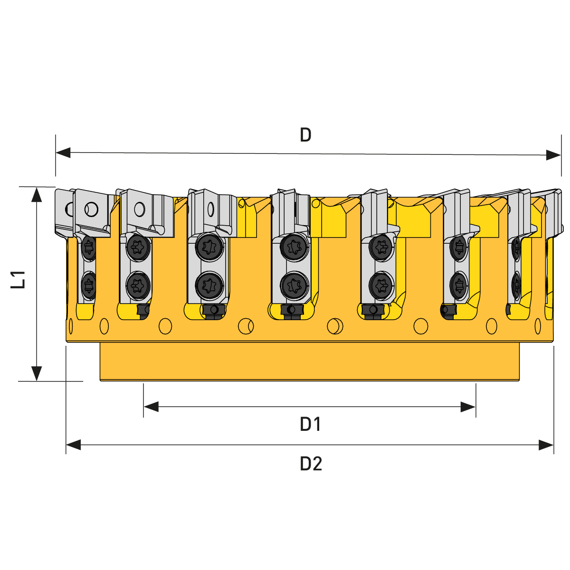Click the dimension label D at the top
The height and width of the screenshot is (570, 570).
tap(305, 135)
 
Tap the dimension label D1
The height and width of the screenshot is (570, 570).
tap(310, 425)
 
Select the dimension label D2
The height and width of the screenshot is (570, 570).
tap(311, 464)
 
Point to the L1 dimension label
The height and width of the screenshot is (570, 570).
tap(18, 279)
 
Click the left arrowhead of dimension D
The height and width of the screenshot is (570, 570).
tap(63, 152)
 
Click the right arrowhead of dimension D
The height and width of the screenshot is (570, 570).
tap(553, 155)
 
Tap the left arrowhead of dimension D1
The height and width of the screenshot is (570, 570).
tap(151, 407)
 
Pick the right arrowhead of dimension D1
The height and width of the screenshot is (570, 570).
tap(468, 407)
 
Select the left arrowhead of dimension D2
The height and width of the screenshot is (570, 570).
tap(73, 445)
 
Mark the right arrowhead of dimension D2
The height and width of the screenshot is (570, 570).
tap(546, 445)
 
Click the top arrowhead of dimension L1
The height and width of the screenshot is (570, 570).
tap(37, 195)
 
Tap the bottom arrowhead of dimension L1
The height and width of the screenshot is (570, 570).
tap(37, 374)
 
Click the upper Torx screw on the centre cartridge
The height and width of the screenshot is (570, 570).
tap(294, 247)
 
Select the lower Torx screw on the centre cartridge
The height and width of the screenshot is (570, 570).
tap(294, 285)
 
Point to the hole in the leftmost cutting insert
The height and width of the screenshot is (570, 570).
tap(91, 209)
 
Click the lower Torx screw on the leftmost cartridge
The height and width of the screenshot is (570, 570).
tap(88, 285)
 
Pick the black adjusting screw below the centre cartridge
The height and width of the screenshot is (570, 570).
tap(292, 311)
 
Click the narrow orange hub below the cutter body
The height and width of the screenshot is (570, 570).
tap(310, 361)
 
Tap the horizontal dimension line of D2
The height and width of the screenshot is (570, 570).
tap(310, 445)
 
